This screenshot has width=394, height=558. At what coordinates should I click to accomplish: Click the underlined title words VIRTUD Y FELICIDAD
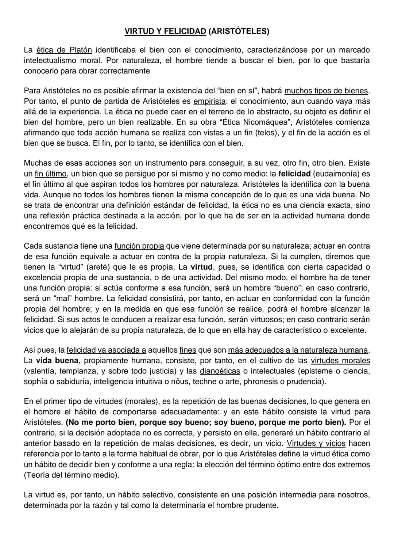coord(165,31)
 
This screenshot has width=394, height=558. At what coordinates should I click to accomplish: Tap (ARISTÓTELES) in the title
coord(239,31)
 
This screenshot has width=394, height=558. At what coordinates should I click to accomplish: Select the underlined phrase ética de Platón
coord(64,50)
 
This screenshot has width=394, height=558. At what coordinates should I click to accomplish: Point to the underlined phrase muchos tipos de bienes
coord(326,90)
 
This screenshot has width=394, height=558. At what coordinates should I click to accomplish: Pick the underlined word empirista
coord(209,101)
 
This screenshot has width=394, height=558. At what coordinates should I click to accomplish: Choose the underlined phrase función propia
coord(139,246)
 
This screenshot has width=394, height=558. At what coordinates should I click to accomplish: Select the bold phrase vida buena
coord(57,361)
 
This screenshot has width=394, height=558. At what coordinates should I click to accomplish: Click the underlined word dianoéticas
coord(220,371)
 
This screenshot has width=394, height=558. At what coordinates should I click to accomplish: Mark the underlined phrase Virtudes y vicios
coord(316,444)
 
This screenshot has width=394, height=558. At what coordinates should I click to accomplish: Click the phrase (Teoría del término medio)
coord(72,475)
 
